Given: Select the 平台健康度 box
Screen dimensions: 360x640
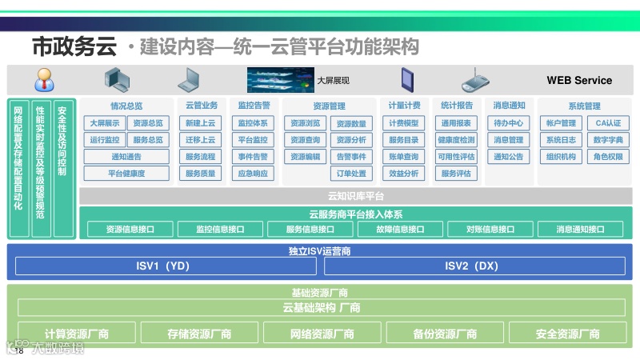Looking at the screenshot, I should tap(127, 174).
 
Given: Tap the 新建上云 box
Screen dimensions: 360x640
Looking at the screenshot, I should tap(200, 123).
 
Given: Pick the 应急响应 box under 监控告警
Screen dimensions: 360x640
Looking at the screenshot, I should tap(254, 174).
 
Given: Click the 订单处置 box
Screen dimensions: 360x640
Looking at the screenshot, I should tap(351, 174).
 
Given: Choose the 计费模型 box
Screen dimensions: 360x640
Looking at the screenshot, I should tap(404, 123).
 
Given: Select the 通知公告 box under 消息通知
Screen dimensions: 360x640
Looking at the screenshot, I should tap(509, 157).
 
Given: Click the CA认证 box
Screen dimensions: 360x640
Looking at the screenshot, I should tap(608, 123).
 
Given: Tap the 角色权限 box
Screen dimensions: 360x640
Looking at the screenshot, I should tap(608, 157).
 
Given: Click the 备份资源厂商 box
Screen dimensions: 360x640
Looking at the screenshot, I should tap(446, 334).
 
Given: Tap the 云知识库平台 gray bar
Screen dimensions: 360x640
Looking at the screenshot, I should tap(356, 196).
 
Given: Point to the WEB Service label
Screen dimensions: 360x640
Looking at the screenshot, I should tap(579, 80).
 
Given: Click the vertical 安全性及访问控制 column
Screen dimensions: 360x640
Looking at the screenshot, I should tap(64, 168).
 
